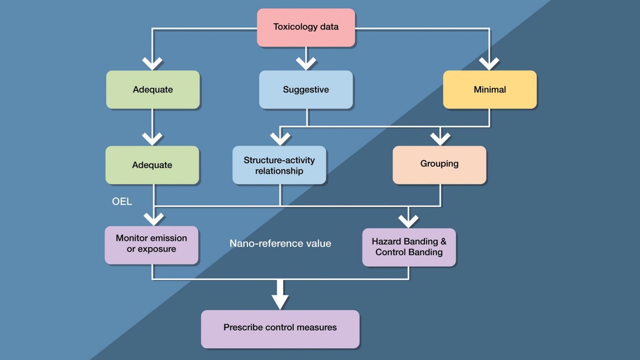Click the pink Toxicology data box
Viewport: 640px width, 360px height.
point(306,27)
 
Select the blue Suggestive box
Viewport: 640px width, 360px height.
point(306,90)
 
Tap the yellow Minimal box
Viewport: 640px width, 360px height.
point(490,90)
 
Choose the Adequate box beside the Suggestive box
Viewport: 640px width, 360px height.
point(153,90)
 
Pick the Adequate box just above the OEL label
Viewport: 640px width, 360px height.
point(152,165)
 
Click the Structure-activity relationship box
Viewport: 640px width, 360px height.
point(279,165)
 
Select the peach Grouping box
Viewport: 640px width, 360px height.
point(439,164)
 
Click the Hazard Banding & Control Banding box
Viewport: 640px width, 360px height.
point(409,247)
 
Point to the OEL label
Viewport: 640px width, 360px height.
point(122,202)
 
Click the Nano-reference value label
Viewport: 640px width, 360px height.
point(280,244)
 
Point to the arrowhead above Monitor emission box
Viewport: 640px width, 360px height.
point(154,219)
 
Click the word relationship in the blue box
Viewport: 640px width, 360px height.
point(279,171)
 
